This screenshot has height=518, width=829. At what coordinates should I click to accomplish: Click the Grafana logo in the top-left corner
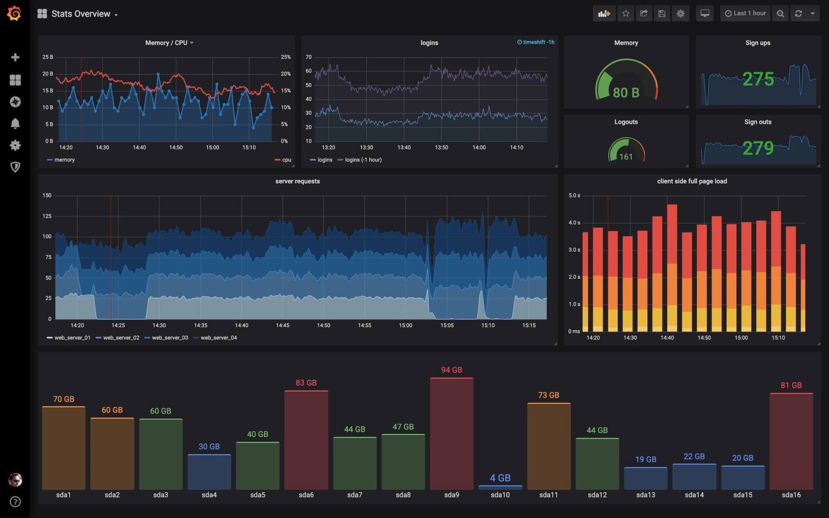coord(14,13)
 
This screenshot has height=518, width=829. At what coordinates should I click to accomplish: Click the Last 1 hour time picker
coord(745,13)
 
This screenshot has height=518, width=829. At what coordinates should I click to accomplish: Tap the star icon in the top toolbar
coord(626,13)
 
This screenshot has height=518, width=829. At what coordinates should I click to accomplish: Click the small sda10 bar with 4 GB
coord(500,487)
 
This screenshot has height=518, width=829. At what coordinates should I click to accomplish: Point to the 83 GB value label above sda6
coord(306,383)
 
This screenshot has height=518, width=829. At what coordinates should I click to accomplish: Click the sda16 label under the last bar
coord(791,495)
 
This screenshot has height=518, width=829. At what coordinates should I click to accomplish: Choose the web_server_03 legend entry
coord(170,338)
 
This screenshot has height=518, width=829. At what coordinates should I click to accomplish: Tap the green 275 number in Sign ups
coord(758,79)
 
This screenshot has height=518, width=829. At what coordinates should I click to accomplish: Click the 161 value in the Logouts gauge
coord(626,157)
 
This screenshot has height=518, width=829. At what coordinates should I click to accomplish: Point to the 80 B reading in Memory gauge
coord(626,92)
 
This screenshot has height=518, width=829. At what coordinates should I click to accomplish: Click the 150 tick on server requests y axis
coord(47,195)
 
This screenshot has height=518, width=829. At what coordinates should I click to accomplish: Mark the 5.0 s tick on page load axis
coord(574,195)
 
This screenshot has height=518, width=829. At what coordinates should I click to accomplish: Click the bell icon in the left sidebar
coord(15,123)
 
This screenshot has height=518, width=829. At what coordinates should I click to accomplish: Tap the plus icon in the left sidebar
coord(15,58)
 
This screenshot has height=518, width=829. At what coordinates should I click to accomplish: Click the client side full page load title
coord(691,181)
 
